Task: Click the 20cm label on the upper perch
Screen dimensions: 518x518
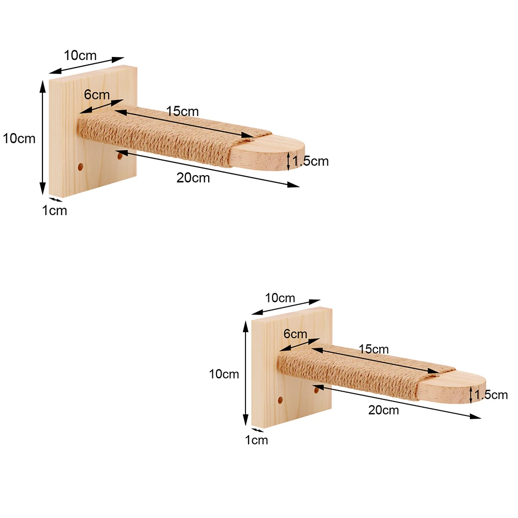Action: (x=193, y=178)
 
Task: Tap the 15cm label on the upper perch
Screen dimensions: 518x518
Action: (x=182, y=111)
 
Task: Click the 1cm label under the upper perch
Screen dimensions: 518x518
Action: (x=54, y=210)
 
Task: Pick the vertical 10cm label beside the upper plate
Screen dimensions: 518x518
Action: (x=19, y=138)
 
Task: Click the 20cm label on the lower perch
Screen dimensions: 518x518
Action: (x=383, y=410)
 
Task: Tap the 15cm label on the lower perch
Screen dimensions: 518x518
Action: (x=373, y=349)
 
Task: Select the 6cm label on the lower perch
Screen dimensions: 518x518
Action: (x=295, y=334)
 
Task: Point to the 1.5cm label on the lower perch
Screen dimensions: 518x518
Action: (x=491, y=395)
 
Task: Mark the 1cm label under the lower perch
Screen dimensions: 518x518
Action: (x=256, y=440)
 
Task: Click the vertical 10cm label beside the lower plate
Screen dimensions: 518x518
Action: (x=224, y=374)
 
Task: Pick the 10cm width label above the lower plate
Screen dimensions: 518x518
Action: (x=280, y=298)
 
